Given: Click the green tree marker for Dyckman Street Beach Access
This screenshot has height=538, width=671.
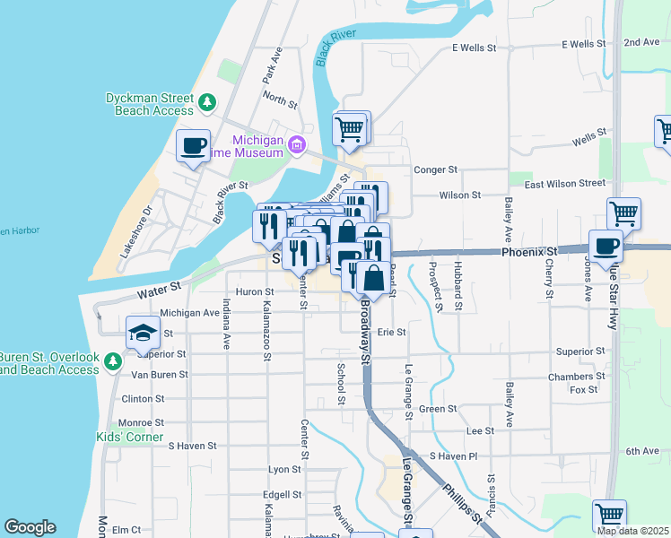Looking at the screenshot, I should coord(207,102).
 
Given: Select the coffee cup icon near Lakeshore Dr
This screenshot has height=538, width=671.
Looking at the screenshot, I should coord(193,145).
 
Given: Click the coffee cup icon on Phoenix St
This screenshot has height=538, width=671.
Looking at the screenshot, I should coord(606,245).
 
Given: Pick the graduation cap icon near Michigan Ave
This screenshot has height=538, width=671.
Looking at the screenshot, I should coord(143,333).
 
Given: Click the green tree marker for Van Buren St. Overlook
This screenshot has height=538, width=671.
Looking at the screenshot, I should coord(113,361).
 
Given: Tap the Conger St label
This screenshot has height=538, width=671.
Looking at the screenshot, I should coord(435,169).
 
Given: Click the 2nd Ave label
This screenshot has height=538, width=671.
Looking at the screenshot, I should coord(641,42).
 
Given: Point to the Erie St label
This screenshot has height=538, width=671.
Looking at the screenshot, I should coord(391,332).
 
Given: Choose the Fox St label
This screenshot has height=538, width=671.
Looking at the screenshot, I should coord(583,390).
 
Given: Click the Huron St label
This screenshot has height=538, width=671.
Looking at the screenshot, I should coord(255,291).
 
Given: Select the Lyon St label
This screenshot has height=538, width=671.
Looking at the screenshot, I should coord(284,469).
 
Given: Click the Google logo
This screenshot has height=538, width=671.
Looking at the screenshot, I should coord(30,527).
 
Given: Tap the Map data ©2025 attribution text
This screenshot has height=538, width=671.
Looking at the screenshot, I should coord(632,531).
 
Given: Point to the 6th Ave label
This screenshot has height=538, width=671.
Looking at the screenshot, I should coord(642,451).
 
